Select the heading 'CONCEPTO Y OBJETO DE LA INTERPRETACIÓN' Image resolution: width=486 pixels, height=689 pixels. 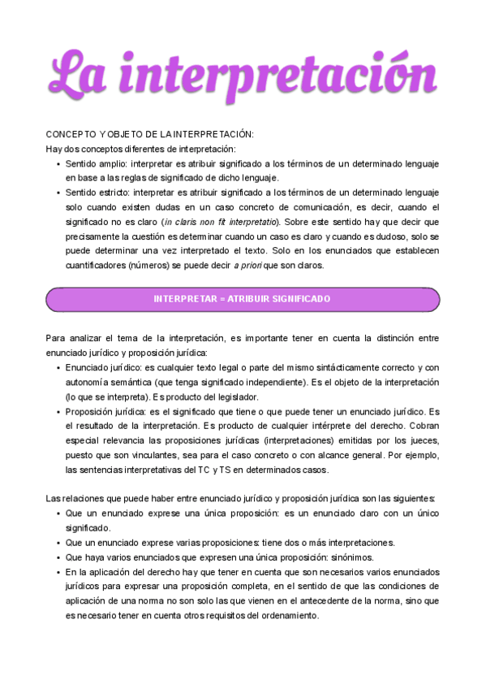pyautogui.click(x=149, y=134)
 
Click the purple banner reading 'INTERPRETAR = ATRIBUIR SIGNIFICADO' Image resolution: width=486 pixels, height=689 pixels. pyautogui.click(x=243, y=299)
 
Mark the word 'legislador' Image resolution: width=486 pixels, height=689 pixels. pyautogui.click(x=232, y=396)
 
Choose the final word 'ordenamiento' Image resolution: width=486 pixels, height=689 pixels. pyautogui.click(x=289, y=616)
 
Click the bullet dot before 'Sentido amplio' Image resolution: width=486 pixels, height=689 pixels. pyautogui.click(x=58, y=163)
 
